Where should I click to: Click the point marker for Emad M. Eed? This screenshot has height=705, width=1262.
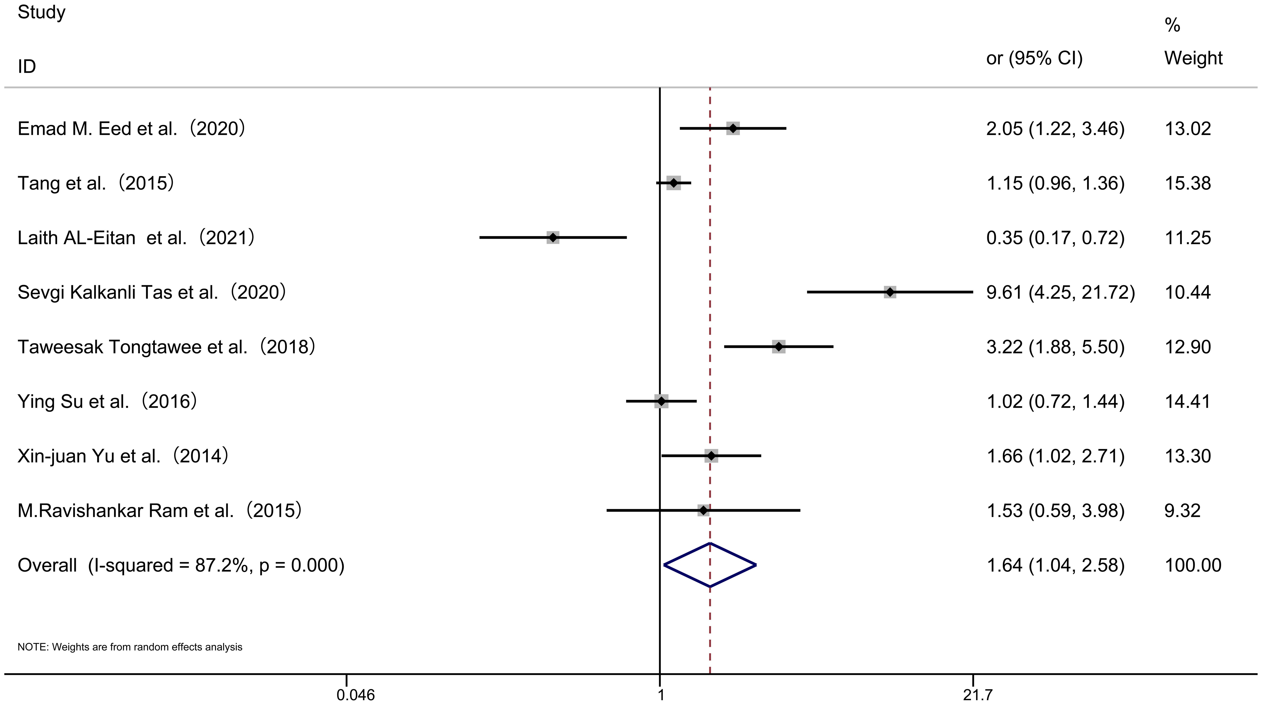[732, 128]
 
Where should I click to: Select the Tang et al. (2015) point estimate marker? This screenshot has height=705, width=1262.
[674, 183]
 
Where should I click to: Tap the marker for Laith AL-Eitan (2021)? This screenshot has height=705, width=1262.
[553, 238]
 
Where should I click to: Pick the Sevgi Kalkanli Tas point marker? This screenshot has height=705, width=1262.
[890, 292]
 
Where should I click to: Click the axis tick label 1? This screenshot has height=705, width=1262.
[660, 695]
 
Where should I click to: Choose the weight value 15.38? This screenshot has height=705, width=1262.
[1188, 183]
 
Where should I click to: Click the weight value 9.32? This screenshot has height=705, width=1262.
[1182, 511]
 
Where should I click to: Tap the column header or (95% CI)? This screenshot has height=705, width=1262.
[1034, 58]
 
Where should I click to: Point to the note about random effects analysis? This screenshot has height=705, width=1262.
[130, 647]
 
